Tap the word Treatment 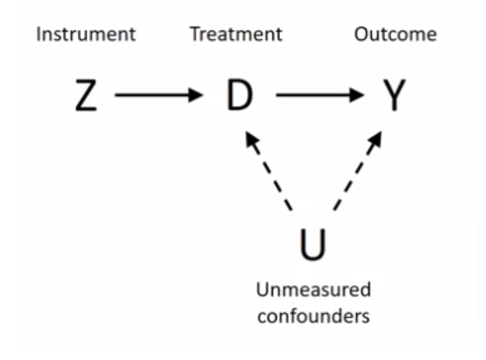(x=235, y=35)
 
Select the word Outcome (x=395, y=35)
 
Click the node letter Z (x=86, y=96)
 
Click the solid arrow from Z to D (x=157, y=95)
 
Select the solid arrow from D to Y (x=318, y=95)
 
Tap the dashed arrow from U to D (x=269, y=171)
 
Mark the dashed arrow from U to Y (x=357, y=171)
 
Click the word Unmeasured (x=313, y=289)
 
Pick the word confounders (x=313, y=317)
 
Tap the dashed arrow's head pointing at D (x=251, y=141)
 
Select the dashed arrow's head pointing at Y (x=375, y=141)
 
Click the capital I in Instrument (x=39, y=35)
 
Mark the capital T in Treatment (x=193, y=35)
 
